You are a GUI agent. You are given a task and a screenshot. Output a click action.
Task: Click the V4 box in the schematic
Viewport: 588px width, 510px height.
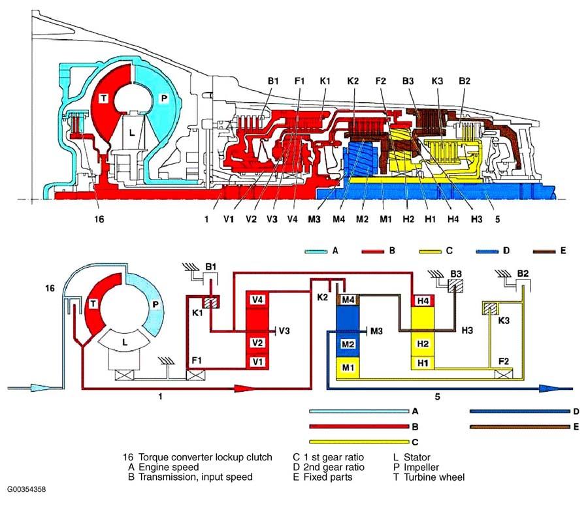coord(257,299)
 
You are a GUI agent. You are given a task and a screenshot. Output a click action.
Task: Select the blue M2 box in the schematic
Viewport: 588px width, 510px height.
coord(348,343)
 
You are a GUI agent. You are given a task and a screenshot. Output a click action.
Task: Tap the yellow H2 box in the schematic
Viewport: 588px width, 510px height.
coord(423,343)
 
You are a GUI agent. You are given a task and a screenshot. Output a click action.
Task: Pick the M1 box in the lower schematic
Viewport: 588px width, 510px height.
coord(348,368)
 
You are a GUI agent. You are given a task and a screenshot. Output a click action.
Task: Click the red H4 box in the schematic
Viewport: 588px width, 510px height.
coord(423,300)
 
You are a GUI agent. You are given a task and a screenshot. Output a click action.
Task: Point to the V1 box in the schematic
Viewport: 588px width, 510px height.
coord(257,361)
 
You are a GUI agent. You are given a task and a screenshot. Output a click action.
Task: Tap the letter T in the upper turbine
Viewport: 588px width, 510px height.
coord(103,97)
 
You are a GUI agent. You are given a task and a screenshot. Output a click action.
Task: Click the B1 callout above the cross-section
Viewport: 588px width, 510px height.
coord(273,81)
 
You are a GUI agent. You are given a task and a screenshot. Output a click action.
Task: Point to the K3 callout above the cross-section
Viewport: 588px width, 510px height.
coord(438,81)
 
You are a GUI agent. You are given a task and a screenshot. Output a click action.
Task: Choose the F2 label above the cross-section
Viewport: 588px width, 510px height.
coord(382,81)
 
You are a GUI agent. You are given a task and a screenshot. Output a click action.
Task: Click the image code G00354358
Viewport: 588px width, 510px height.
coord(27,488)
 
